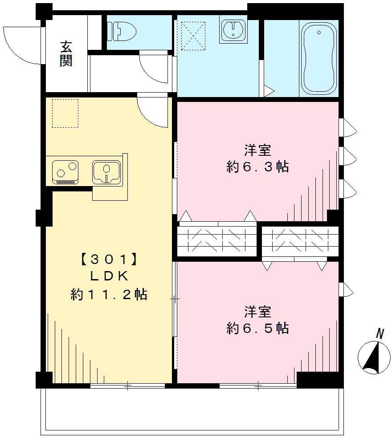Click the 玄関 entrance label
66,54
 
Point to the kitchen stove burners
65,171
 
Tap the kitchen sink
106,172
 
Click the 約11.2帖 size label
109,294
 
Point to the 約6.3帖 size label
257,167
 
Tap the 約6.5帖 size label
257,328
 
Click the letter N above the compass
380,333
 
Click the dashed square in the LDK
65,113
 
